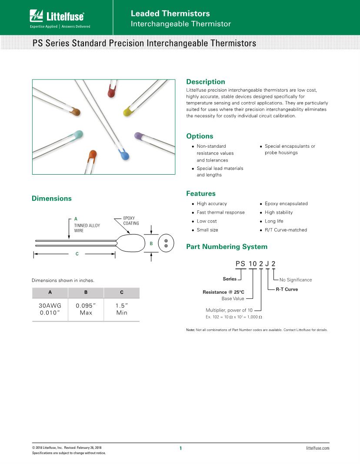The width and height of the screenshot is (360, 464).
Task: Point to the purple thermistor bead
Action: (x=140, y=137)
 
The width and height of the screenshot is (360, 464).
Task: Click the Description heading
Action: (x=205, y=82)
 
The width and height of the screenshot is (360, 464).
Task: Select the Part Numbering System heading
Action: (x=227, y=247)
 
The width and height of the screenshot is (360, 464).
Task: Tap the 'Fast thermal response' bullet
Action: (x=220, y=212)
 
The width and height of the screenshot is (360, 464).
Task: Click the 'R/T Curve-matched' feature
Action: (x=286, y=230)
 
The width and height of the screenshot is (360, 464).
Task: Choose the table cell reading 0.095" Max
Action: (x=86, y=309)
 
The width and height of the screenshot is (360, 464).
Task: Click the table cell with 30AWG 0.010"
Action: (x=50, y=309)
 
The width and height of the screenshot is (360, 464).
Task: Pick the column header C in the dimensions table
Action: (x=121, y=293)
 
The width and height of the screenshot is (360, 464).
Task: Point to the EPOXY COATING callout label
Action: (x=131, y=220)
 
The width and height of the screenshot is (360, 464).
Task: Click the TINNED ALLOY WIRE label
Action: (x=87, y=228)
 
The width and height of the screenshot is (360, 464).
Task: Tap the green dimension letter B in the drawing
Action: (x=151, y=244)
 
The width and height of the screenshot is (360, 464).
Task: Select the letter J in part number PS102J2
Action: (x=267, y=264)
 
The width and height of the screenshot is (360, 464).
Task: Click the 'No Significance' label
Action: (x=295, y=280)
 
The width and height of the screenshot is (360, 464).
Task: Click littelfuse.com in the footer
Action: (x=317, y=447)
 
